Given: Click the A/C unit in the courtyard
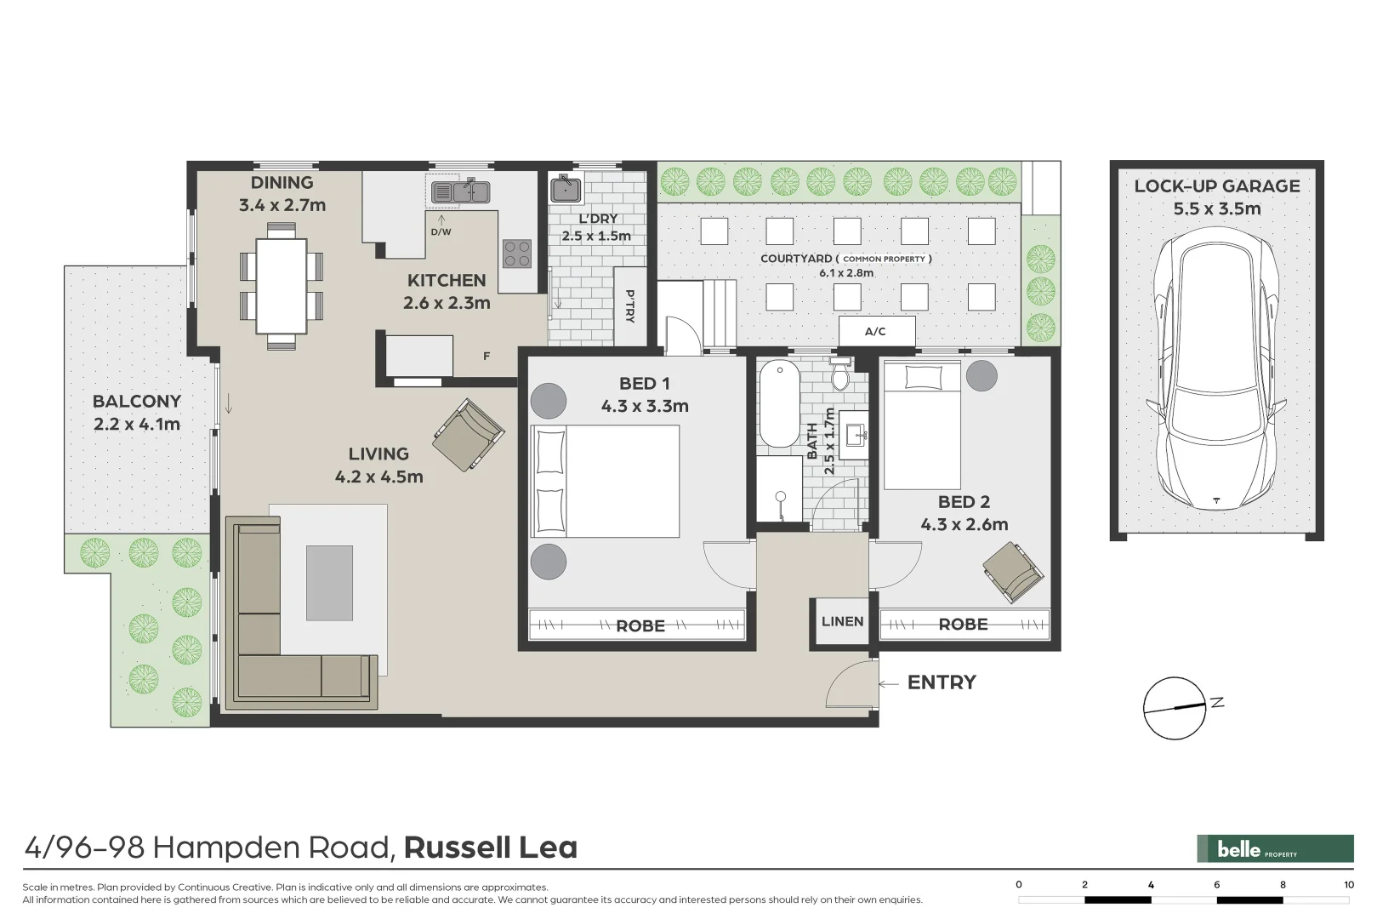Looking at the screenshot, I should (876, 331).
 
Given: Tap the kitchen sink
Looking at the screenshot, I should (460, 192).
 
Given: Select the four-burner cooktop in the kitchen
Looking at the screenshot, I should (517, 253).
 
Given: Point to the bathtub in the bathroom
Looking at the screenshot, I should (779, 403).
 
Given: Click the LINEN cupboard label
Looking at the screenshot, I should (842, 621).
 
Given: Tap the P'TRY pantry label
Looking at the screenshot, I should (629, 306).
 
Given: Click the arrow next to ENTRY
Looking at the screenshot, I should (889, 683).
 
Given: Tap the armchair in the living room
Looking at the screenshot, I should (468, 435).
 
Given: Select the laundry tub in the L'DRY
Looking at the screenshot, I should (565, 188).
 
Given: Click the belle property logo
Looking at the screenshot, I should (1274, 848).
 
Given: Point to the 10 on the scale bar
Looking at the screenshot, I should (1349, 885).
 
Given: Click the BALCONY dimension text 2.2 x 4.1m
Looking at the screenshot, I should (137, 424).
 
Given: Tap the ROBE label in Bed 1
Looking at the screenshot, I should (640, 626).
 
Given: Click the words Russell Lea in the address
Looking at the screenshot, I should (491, 848).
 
